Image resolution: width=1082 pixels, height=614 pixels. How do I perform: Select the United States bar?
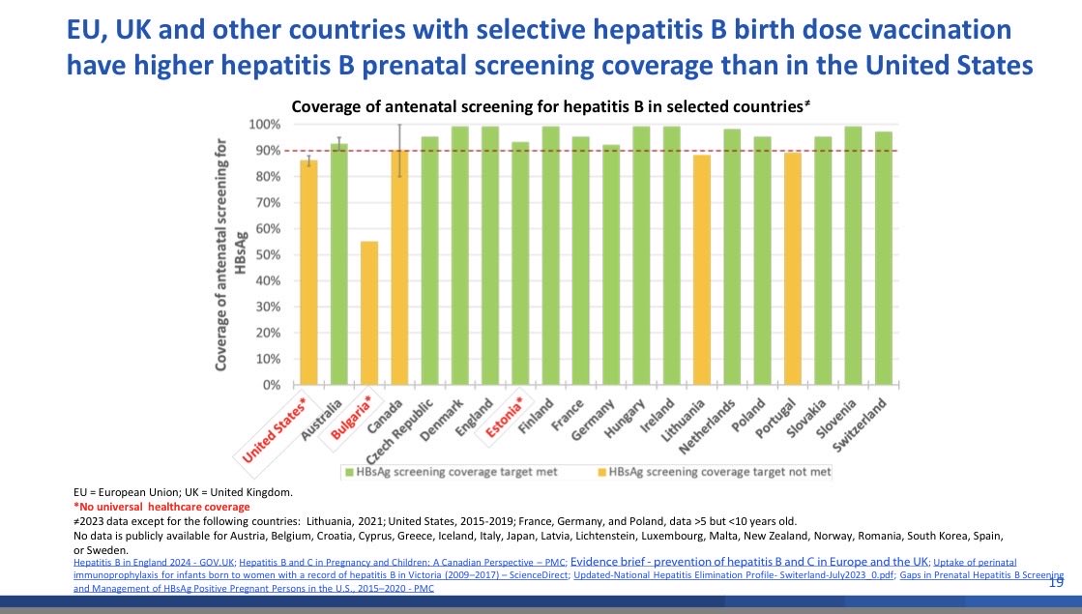coord(308,273)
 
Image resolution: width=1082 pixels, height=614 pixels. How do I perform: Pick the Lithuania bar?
coord(701,270)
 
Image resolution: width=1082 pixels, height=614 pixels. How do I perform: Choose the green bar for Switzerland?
coord(882,258)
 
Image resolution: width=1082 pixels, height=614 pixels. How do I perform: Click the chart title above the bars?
coord(552,106)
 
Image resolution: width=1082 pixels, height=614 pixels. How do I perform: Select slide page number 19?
coord(1057,585)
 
